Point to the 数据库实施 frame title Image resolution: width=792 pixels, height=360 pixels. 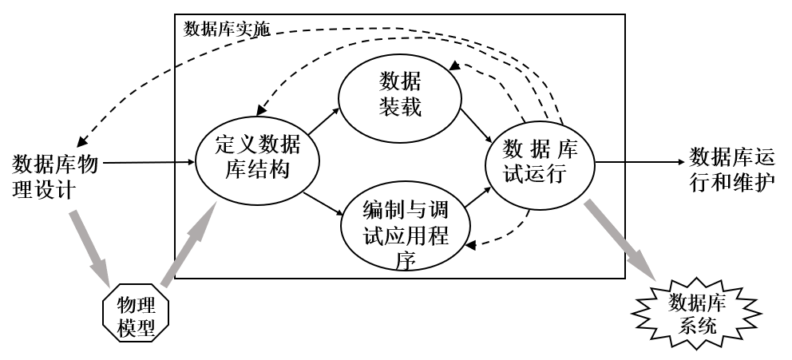tap(227, 30)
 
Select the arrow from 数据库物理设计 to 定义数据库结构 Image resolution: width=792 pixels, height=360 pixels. tap(148, 162)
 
